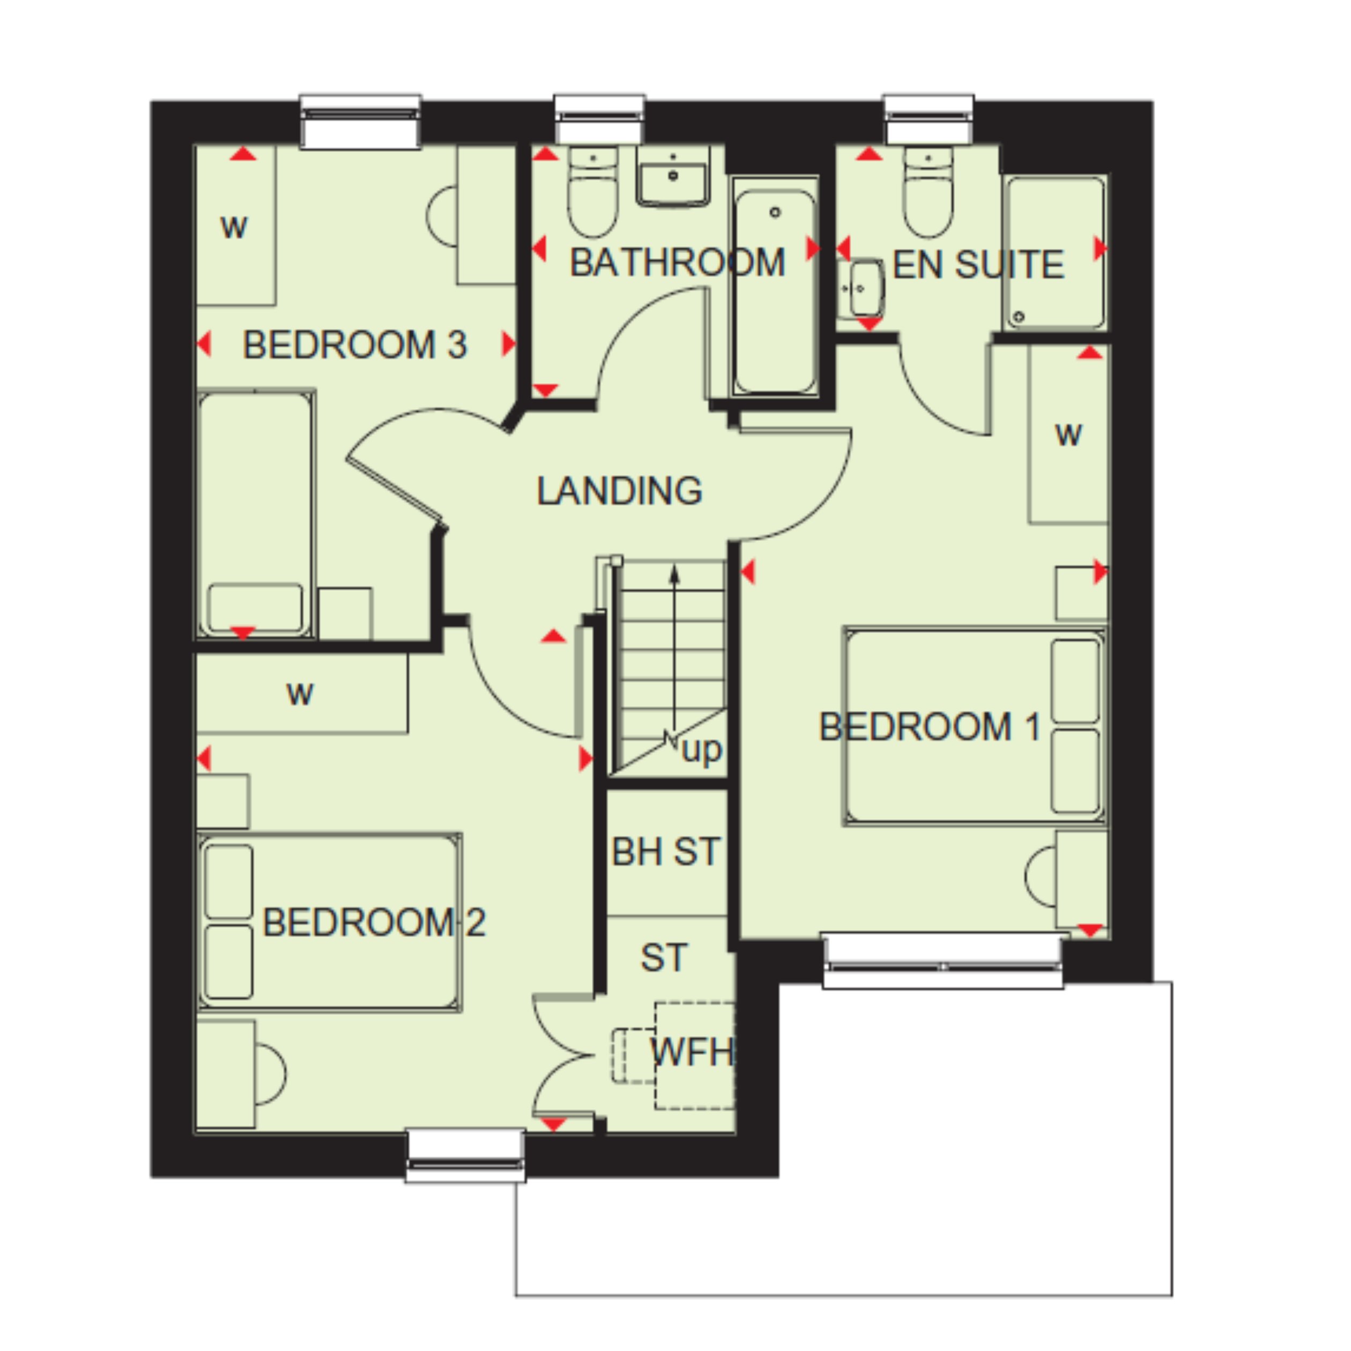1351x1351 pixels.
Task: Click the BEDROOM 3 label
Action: coord(354,345)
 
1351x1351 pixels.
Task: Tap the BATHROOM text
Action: coord(677,263)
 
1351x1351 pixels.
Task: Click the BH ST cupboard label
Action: coord(666,852)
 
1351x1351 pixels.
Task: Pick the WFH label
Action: coord(692,1052)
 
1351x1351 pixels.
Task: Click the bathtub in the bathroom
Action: coord(775,287)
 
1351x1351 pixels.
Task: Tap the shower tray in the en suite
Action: coord(1055,253)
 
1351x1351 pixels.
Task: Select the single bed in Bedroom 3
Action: coord(256,514)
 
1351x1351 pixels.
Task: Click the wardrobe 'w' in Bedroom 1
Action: coord(1068,435)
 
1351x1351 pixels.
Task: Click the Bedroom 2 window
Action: coord(466,1156)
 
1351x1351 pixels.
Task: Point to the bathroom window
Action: coord(599,119)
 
